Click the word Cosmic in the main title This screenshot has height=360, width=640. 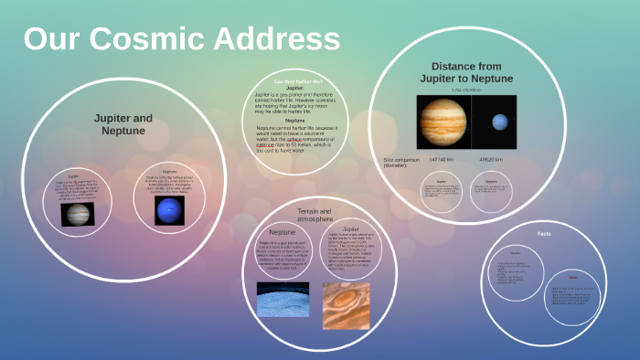(x=160, y=39)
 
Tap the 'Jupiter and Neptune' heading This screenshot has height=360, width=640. (x=123, y=125)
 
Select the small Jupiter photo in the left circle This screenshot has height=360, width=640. (x=77, y=214)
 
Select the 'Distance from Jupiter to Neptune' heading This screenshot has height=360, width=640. (x=467, y=72)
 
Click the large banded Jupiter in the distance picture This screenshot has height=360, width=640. (x=442, y=122)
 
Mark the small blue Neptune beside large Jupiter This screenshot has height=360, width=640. (x=499, y=122)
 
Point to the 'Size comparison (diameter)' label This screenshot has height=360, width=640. (x=400, y=163)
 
